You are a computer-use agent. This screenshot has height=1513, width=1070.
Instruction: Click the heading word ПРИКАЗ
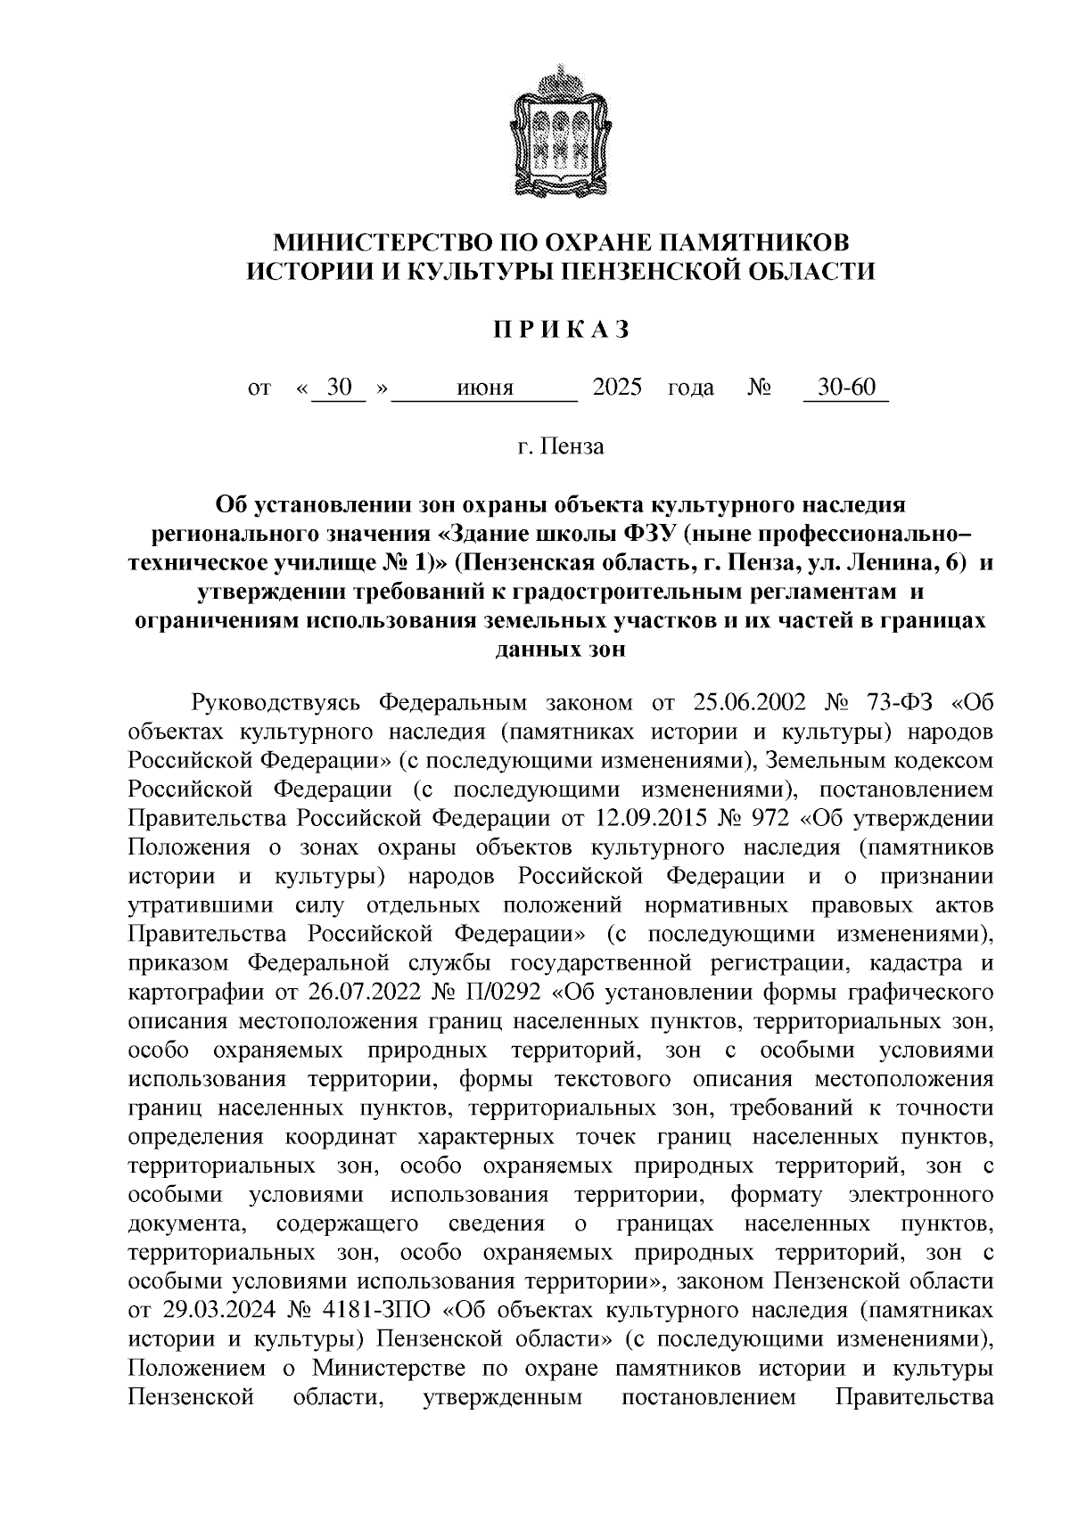pyautogui.click(x=562, y=330)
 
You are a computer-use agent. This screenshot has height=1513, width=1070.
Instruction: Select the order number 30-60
pyautogui.click(x=846, y=388)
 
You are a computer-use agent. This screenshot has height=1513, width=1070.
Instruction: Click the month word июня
pyautogui.click(x=484, y=388)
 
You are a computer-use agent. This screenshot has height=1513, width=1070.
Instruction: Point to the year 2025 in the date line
pyautogui.click(x=616, y=388)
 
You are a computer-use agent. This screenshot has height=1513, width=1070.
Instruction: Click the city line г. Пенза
pyautogui.click(x=561, y=446)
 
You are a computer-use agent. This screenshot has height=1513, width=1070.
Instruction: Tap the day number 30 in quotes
pyautogui.click(x=340, y=388)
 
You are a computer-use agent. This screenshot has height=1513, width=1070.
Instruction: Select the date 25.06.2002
pyautogui.click(x=747, y=702)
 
